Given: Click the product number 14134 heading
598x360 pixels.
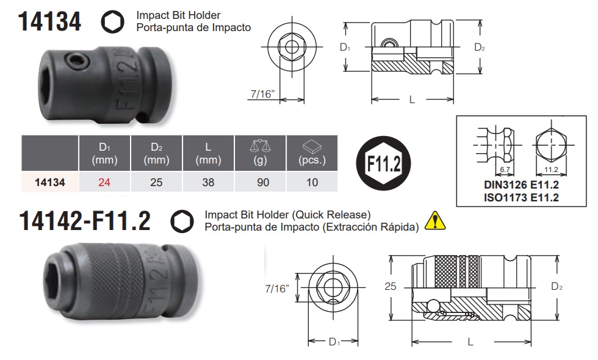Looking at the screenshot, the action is click(x=49, y=22).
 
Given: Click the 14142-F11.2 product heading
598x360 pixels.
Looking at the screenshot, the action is click(x=85, y=221).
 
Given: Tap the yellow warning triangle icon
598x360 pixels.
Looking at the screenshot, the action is click(x=434, y=221).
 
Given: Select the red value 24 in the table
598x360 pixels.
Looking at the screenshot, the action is click(x=104, y=182).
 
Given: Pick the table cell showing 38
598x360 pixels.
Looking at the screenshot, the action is click(x=208, y=182).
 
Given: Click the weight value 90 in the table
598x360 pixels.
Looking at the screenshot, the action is click(x=263, y=182).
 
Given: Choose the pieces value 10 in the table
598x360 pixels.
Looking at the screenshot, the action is click(x=312, y=182).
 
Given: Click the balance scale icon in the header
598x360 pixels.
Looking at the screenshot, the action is click(x=260, y=146).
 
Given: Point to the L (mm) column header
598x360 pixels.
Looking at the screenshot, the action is click(x=208, y=153).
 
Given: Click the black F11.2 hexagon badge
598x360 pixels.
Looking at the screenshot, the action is click(x=383, y=164).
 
